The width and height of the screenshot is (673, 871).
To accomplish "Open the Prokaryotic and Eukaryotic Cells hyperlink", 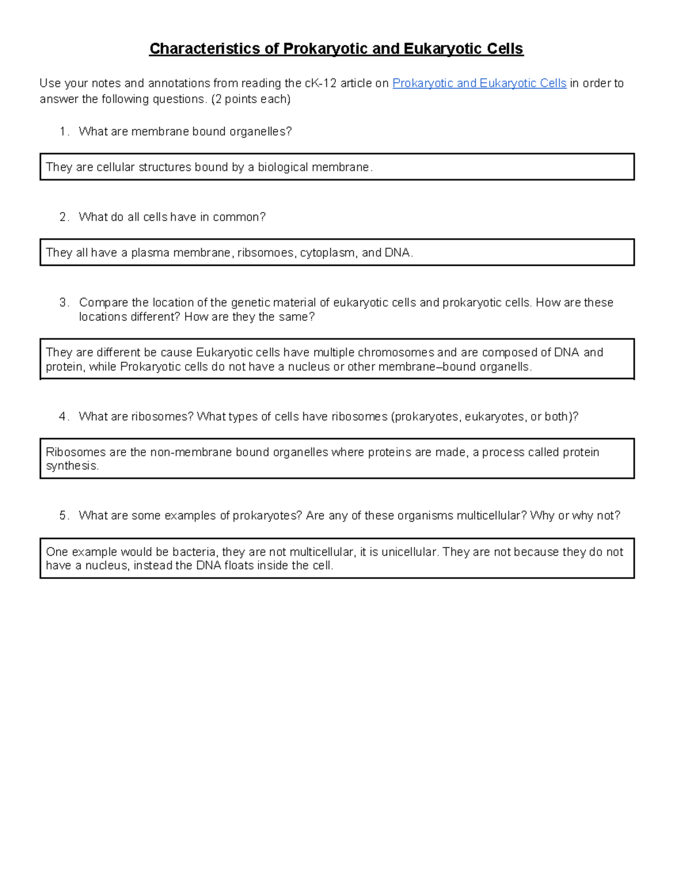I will (x=479, y=84).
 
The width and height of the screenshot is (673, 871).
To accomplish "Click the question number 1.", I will (x=63, y=131).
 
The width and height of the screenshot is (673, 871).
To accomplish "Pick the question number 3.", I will (x=63, y=303).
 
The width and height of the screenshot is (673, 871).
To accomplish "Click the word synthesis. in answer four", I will (x=72, y=466).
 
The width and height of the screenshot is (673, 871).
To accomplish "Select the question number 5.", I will (x=63, y=516).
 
